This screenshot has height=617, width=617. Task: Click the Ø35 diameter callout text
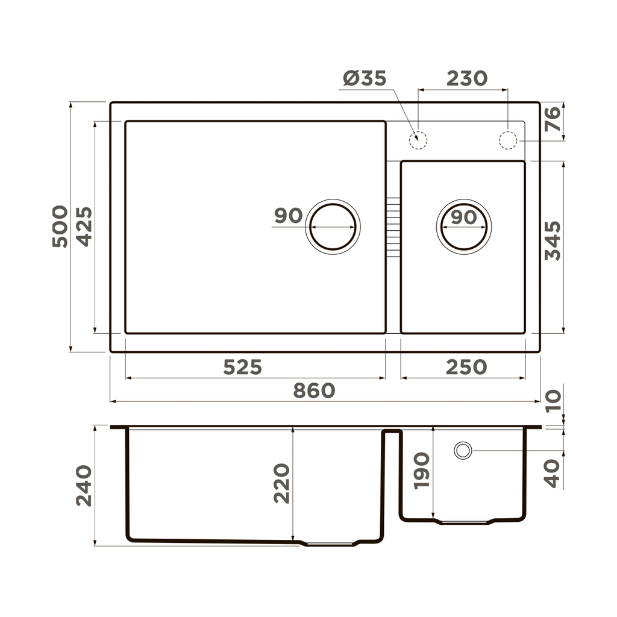coord(365,79)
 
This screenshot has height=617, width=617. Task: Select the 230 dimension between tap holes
coord(466,79)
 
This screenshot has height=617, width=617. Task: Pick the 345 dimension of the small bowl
coord(552,240)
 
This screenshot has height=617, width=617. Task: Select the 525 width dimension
coord(242,367)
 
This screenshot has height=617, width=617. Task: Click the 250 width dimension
coord(466,367)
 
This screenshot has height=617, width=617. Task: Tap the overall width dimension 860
coord(314,390)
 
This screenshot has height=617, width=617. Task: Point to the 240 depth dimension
coord(84,486)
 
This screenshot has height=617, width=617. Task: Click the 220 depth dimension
coord(281,483)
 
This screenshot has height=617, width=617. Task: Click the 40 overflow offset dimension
coord(552,473)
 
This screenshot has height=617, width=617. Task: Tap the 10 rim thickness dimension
coord(552,400)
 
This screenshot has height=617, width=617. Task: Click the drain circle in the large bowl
coord(333,227)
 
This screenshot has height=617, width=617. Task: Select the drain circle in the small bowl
coord(463,227)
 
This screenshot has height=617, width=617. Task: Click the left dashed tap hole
coord(418,140)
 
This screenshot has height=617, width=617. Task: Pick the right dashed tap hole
coord(508,140)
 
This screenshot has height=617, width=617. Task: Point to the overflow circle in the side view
coord(463,451)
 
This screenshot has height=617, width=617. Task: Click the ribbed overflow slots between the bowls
coord(393,227)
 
